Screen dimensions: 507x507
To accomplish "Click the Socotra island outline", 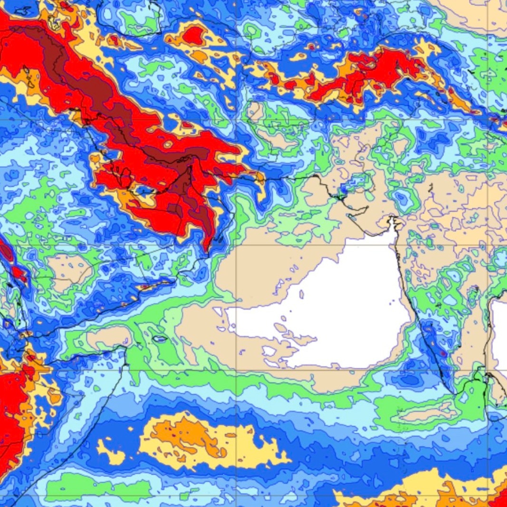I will (x=160, y=339).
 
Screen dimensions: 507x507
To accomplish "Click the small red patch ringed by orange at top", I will (x=192, y=34).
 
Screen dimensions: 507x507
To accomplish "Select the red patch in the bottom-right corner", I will (x=499, y=499).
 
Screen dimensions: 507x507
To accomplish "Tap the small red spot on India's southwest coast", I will (x=443, y=354).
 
